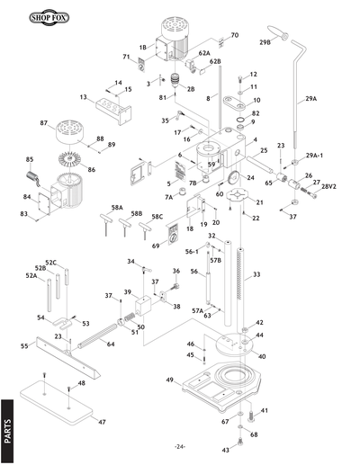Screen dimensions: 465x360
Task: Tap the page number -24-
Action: [180, 447]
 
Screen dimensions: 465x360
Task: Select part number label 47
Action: [102, 421]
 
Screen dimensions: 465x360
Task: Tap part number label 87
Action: [42, 123]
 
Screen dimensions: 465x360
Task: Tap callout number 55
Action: [25, 345]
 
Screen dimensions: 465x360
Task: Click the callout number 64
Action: [110, 344]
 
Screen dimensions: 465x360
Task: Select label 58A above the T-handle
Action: [117, 207]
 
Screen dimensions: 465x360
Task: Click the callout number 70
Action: [234, 35]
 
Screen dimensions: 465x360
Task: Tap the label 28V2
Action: [328, 186]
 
